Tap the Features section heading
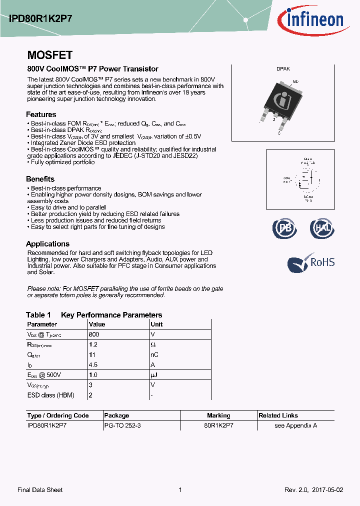coord(41,114)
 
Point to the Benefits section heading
coord(40,179)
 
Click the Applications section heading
coord(47,244)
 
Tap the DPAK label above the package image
coord(283,69)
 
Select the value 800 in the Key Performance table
coord(93,334)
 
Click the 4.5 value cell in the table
coord(93,364)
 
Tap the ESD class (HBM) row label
coord(50,395)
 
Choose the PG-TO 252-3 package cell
coord(123,425)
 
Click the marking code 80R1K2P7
coord(218,425)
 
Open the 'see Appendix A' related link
coord(295,425)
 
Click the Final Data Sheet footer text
coord(40,490)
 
